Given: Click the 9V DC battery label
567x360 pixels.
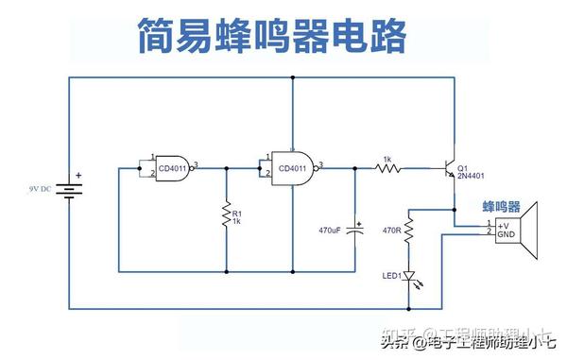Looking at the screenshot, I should click(x=41, y=189).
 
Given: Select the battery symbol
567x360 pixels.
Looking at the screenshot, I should click(x=69, y=189).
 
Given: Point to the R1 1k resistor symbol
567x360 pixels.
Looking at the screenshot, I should click(x=227, y=216).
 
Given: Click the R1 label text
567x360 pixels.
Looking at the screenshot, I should click(x=237, y=213).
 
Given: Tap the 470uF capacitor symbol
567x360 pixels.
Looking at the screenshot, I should click(x=356, y=229).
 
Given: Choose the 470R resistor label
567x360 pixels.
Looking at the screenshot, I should click(x=391, y=228).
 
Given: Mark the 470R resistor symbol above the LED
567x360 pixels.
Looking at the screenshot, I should click(x=408, y=229).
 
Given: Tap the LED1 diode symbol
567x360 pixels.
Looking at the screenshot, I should click(x=408, y=275).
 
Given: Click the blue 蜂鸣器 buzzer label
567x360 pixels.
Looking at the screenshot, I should click(x=502, y=205).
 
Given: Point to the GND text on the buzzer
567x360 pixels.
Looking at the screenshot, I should click(x=506, y=233).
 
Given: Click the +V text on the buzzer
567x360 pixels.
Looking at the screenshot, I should click(x=503, y=223).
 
